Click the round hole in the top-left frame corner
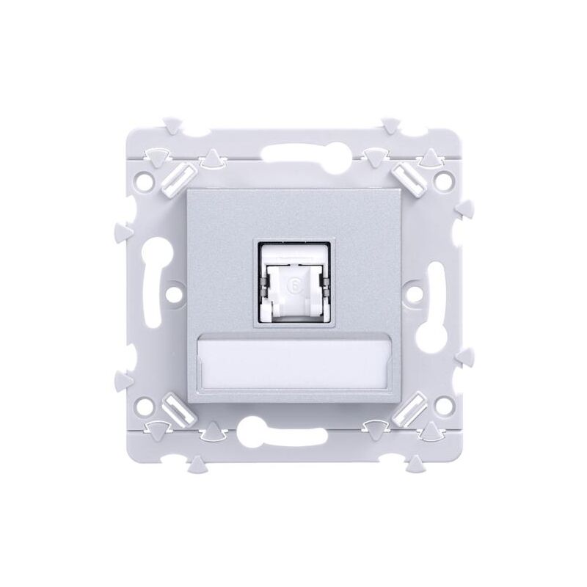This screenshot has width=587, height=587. click(152, 178)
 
